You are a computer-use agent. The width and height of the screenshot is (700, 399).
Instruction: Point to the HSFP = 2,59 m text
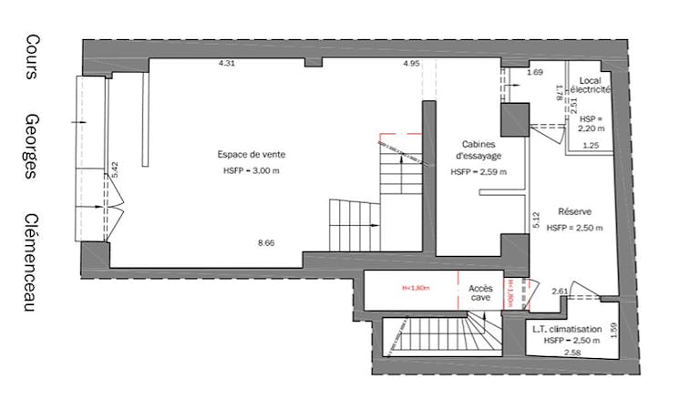[479, 171]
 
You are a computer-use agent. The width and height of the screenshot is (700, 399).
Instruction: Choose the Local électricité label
[594, 86]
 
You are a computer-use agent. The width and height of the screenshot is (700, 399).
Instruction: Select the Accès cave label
[480, 294]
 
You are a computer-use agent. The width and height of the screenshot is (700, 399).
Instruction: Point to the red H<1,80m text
[416, 290]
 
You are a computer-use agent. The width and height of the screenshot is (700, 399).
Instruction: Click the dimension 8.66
[266, 242]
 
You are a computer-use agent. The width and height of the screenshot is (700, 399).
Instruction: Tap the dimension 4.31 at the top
[227, 64]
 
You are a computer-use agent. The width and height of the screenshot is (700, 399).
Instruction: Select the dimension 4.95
[411, 64]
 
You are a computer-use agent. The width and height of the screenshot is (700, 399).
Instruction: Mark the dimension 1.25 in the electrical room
[590, 145]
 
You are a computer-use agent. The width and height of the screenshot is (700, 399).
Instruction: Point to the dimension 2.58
[572, 353]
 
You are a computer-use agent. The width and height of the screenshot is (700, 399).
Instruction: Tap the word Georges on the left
[31, 146]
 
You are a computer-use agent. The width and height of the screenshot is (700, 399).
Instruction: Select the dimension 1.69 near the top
[535, 72]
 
